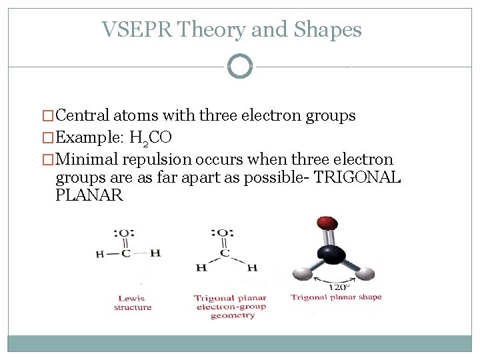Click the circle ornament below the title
coord(240,66)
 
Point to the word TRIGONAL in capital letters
coord(358,178)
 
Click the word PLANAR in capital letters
coord(89,196)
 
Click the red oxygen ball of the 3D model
coord(327,224)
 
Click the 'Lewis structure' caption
coord(133,303)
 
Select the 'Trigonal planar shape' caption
coord(336,297)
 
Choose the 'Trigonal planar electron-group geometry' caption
coord(230,307)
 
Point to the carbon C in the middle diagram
coord(225,253)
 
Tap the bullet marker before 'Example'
coord(46,139)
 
